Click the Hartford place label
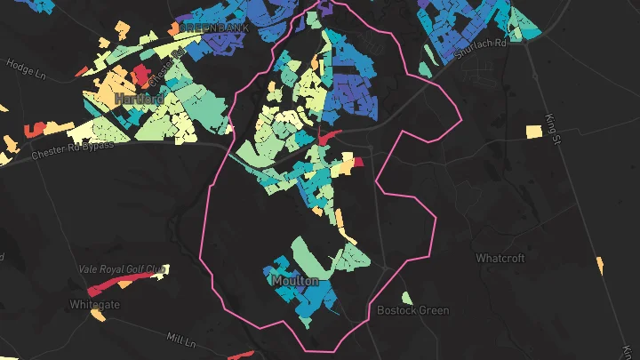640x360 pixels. click(x=138, y=98)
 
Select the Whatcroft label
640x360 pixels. click(x=500, y=258)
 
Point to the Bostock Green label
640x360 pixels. click(x=412, y=311)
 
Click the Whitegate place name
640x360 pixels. click(x=93, y=305)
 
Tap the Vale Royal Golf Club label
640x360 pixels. click(x=123, y=268)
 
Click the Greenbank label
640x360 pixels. click(x=216, y=28)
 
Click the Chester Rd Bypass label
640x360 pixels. click(x=73, y=150)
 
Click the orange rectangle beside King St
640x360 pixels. click(x=533, y=132)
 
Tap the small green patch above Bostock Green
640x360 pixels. click(x=405, y=298)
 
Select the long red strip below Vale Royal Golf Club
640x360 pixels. click(x=111, y=284)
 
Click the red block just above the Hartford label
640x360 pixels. click(x=141, y=75)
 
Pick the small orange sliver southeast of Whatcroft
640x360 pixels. click(x=600, y=266)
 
